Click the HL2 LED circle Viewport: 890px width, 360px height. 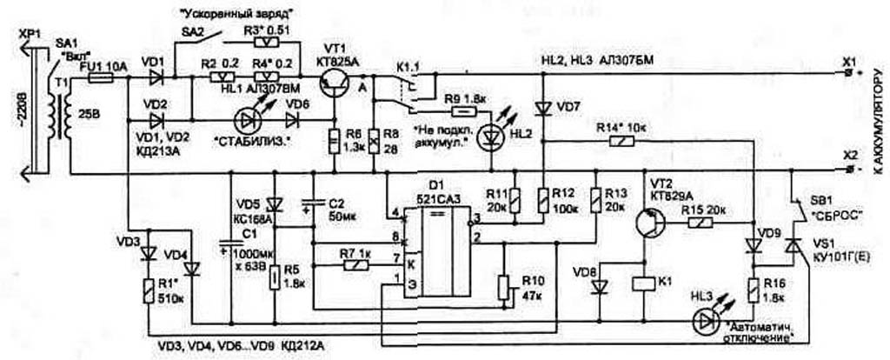[x=493, y=135]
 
